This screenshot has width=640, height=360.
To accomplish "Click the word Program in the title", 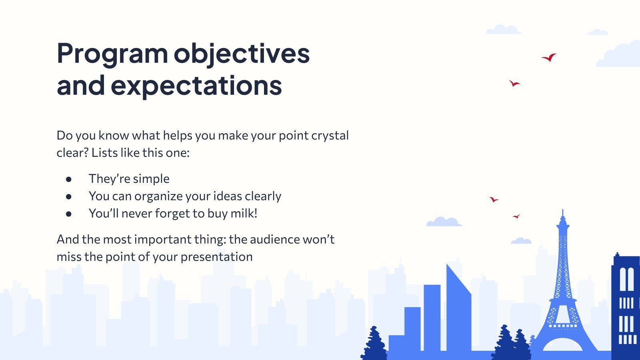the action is (x=112, y=54).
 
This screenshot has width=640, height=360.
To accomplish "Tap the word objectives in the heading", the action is (x=242, y=54).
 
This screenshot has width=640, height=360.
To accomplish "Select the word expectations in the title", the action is (x=196, y=86).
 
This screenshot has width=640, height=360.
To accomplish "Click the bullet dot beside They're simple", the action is (x=68, y=180).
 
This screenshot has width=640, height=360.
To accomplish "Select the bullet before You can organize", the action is (x=68, y=196).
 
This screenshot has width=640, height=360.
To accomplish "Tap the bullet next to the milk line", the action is (x=68, y=214).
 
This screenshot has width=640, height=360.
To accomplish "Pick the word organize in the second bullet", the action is (x=158, y=196).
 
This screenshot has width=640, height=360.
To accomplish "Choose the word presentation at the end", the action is (x=216, y=257).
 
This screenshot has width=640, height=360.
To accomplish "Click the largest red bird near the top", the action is (x=549, y=58).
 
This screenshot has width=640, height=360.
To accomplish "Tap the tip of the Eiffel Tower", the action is (x=563, y=210).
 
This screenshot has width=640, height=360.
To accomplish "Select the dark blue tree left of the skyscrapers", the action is (x=374, y=344).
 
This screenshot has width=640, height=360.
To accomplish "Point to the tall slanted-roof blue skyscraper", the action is (x=458, y=308).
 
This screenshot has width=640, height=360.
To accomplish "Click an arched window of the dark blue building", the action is (x=623, y=279).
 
